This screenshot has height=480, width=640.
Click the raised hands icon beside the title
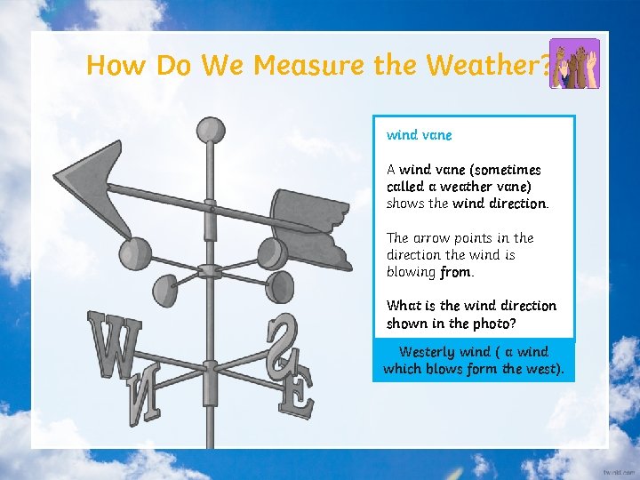point(574,63)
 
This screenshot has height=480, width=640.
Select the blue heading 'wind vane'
point(419,135)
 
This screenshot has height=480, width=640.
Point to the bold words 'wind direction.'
point(500,204)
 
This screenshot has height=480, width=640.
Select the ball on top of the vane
point(211,131)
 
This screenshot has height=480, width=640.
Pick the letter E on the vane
point(295,392)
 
